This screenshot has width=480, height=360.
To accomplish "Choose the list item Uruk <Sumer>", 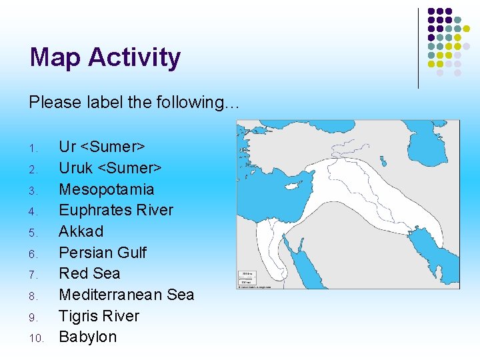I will pos(111,168).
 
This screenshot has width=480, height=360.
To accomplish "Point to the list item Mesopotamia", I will pos(107,189).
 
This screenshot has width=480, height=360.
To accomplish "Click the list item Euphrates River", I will pos(116,210).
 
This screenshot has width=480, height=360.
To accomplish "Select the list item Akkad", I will pos(81,231).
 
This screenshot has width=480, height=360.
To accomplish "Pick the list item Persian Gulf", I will pos(103,253).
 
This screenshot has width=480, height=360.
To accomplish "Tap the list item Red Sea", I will pos(89,273).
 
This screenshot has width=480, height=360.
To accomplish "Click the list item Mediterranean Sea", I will pos(127,295).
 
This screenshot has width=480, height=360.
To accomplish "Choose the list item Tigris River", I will pos(99,316).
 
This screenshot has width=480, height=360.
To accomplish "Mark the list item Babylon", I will pos(87,337).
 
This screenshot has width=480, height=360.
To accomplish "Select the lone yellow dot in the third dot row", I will pos(467,29).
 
